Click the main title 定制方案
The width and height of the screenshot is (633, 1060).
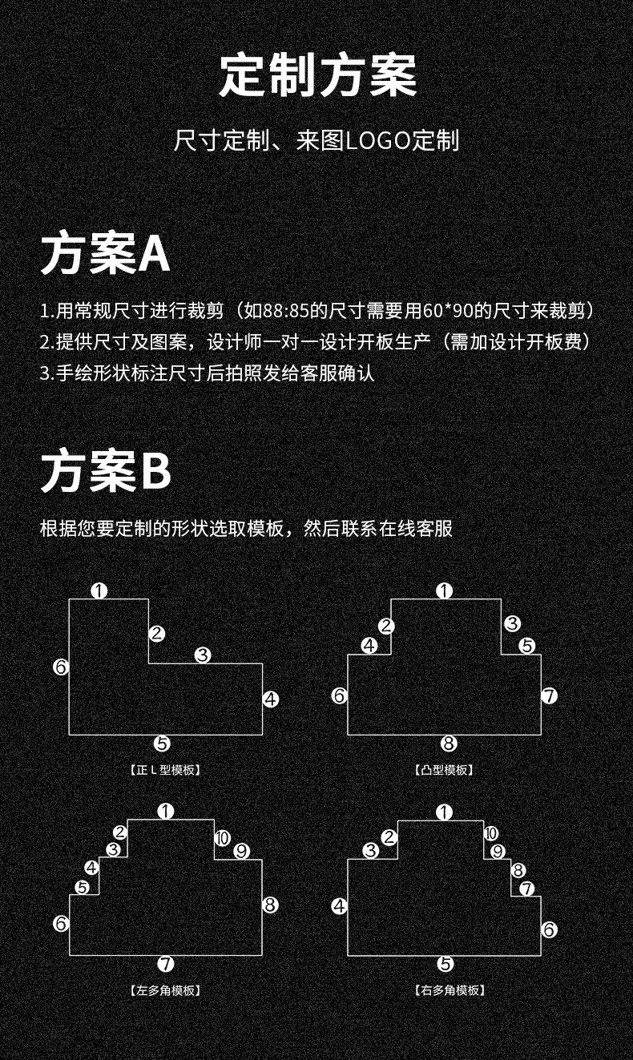[x=318, y=76]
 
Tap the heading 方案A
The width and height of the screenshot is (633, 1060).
[x=105, y=255]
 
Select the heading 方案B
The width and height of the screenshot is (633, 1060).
[x=106, y=470]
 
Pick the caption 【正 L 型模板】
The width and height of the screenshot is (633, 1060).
[x=164, y=770]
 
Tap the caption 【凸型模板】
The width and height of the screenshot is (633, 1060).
[x=445, y=770]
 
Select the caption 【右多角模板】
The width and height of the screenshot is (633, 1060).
[x=450, y=990]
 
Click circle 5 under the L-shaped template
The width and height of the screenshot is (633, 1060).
[x=163, y=744]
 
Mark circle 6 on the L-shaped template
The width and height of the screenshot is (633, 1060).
[x=61, y=667]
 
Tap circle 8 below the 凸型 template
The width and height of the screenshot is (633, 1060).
[x=449, y=744]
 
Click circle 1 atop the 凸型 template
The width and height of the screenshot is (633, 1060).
[x=445, y=591]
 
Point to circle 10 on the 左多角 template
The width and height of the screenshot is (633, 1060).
[x=222, y=838]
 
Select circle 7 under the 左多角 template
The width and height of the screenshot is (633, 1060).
[x=166, y=964]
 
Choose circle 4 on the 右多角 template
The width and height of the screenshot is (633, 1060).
[x=339, y=906]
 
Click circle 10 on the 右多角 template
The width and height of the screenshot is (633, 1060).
[x=490, y=834]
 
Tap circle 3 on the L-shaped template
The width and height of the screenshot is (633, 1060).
[x=203, y=655]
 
